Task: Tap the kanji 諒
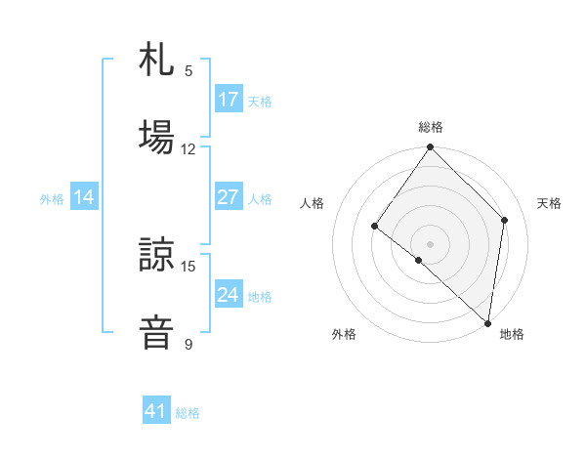point(156,255)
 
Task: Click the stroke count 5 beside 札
point(188,71)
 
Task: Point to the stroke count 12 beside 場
point(188,149)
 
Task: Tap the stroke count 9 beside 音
point(188,344)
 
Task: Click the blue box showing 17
point(229,100)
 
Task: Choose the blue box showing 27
point(229,197)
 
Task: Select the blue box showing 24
point(229,295)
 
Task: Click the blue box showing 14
point(84,197)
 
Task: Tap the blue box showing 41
point(156,411)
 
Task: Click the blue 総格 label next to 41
point(188,413)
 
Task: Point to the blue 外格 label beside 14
point(52,199)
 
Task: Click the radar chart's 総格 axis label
point(431,127)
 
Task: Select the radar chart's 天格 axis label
point(550,203)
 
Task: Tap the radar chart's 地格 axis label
point(512,335)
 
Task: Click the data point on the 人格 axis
point(374,227)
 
